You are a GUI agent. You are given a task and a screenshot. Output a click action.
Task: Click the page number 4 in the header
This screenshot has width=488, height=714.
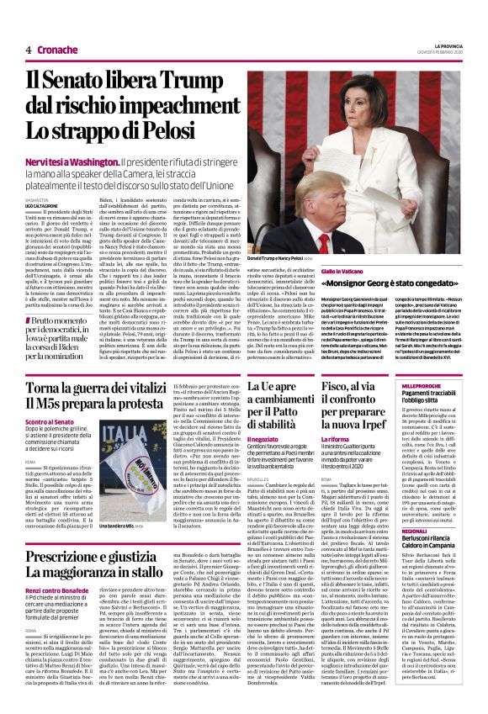point(28,50)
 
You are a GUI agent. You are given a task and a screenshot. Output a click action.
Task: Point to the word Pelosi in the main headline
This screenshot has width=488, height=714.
point(171,131)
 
